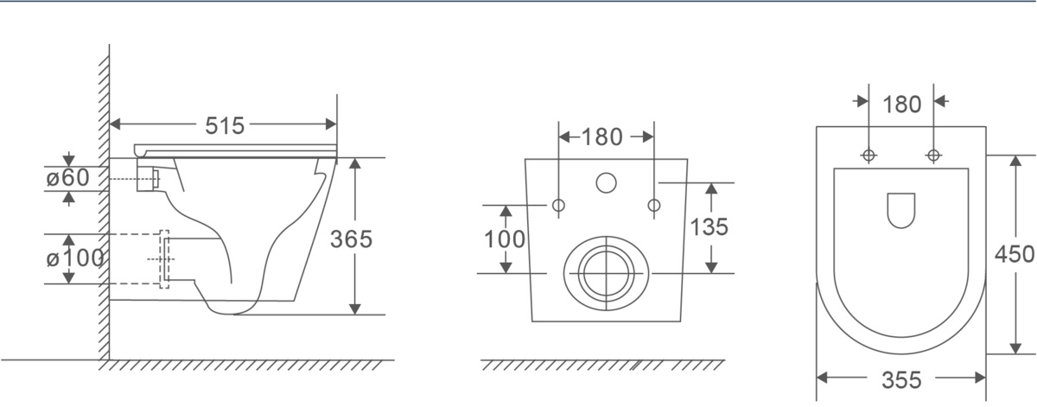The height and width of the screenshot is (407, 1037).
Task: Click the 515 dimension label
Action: pyautogui.click(x=225, y=125)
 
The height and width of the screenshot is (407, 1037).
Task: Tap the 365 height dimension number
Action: pyautogui.click(x=351, y=239)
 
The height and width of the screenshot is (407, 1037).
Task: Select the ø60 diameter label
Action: pyautogui.click(x=67, y=178)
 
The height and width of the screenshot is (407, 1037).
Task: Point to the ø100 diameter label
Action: pyautogui.click(x=75, y=258)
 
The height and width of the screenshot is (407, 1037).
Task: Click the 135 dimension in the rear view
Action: pyautogui.click(x=709, y=227)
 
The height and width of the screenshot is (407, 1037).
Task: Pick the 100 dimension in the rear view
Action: pyautogui.click(x=504, y=239)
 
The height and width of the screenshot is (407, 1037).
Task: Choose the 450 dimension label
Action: pyautogui.click(x=1014, y=254)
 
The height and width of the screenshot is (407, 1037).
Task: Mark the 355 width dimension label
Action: pyautogui.click(x=901, y=380)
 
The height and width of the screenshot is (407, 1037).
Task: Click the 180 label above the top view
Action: pyautogui.click(x=902, y=105)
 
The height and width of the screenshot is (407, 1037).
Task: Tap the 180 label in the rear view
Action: pyautogui.click(x=601, y=137)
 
